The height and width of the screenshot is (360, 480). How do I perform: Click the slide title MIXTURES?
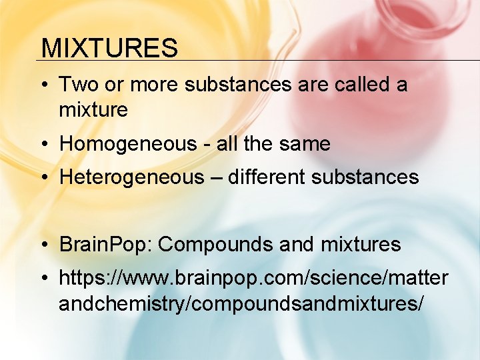pyautogui.click(x=109, y=48)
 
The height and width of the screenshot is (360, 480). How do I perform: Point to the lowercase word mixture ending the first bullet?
pyautogui.click(x=93, y=109)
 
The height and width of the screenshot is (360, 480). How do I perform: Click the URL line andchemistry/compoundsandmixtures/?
pyautogui.click(x=241, y=303)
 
